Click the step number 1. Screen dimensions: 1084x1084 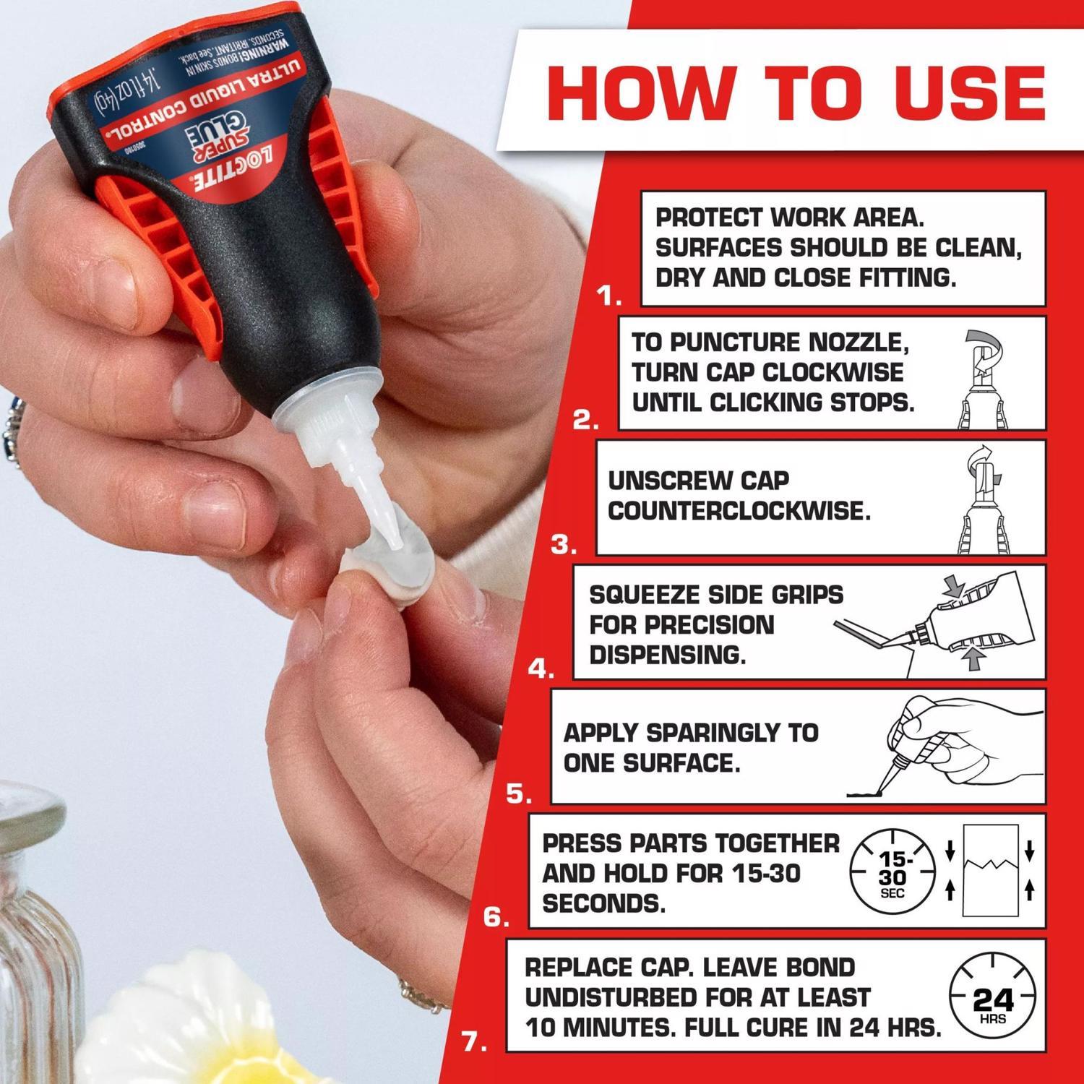tap(608, 296)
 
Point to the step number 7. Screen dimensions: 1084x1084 tap(474, 1044)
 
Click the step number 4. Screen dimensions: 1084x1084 tap(541, 669)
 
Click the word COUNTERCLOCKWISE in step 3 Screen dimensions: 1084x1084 tap(739, 511)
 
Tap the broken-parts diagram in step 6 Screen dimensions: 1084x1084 tap(990, 872)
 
